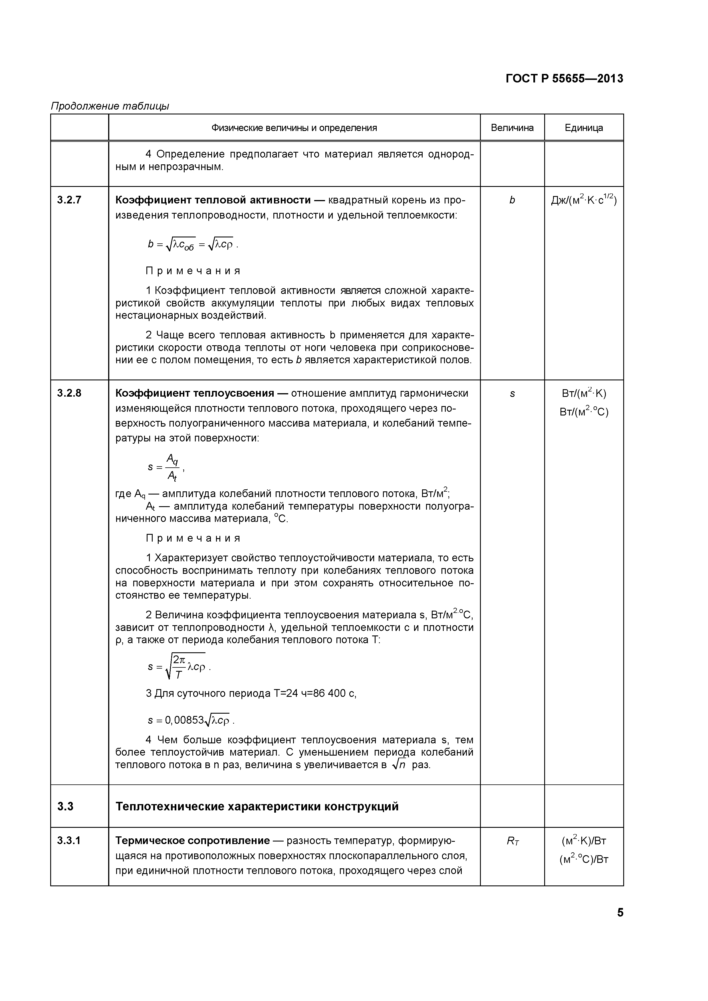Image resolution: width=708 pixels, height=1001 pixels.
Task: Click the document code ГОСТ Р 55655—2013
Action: point(564,78)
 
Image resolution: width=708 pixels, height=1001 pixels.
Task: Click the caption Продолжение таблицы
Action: point(110,106)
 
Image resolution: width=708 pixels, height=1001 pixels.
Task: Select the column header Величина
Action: point(512,128)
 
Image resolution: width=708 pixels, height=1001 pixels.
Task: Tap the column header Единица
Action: point(584,128)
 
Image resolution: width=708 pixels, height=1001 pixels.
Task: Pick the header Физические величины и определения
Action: point(294,128)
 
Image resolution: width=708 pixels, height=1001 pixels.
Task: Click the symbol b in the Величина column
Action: point(512,200)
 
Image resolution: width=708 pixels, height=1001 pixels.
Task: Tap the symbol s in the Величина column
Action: point(512,394)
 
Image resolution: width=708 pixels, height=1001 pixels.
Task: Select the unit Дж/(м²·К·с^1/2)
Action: point(584,200)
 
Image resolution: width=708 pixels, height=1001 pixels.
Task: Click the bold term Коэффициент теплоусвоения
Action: point(194,393)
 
